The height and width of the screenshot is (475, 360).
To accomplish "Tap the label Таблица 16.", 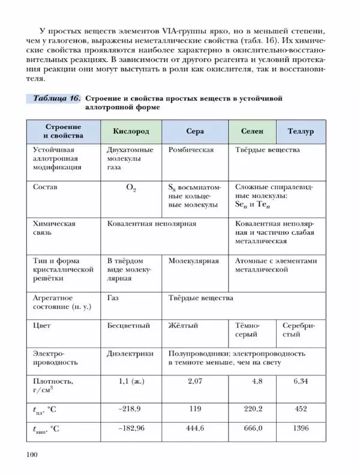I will pyautogui.click(x=54, y=98).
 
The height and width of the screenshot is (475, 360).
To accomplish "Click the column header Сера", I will pyautogui.click(x=195, y=131).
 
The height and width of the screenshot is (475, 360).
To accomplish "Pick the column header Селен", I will pyautogui.click(x=251, y=131).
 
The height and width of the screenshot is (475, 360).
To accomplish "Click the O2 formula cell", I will pyautogui.click(x=131, y=188).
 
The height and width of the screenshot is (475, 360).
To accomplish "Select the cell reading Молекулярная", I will pyautogui.click(x=193, y=261).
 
